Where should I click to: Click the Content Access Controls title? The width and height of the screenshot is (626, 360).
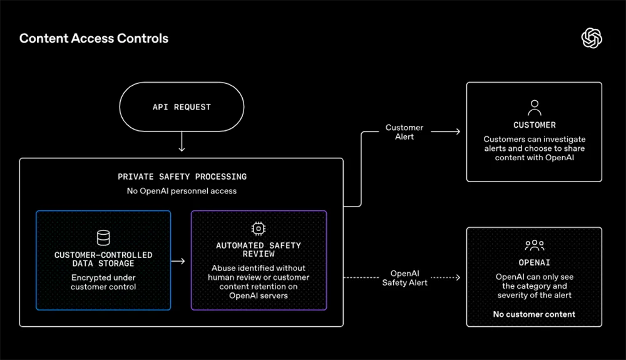pos(94,38)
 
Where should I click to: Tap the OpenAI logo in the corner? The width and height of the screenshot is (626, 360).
pos(592,38)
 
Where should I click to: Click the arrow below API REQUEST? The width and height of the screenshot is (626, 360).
pos(182,141)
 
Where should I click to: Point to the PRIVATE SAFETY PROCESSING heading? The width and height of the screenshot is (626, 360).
pos(182,177)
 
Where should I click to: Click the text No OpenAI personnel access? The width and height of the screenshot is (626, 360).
pos(182,191)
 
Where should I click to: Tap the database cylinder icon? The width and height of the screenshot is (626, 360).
pos(103,237)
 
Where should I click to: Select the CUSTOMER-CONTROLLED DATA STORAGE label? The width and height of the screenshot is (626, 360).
pos(103,259)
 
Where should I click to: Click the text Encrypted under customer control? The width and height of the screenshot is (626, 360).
pos(103,282)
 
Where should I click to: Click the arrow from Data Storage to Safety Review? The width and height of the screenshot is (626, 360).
pos(178,261)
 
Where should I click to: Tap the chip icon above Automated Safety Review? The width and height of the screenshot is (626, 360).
pos(259,229)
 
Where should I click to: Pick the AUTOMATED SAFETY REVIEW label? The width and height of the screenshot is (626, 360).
pos(259,250)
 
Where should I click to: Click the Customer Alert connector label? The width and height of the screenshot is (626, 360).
pos(404,132)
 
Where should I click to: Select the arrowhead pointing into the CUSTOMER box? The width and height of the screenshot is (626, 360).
pos(458,131)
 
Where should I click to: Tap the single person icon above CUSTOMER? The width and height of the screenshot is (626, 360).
pos(535,108)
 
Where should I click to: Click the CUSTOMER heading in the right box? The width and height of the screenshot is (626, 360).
pos(535,125)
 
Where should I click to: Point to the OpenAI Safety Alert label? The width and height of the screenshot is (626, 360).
pos(405,278)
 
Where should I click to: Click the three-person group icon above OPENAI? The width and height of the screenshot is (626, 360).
pos(535,245)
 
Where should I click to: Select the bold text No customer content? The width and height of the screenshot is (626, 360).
pos(534,314)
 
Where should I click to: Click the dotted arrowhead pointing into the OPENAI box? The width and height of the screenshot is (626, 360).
pos(458,277)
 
